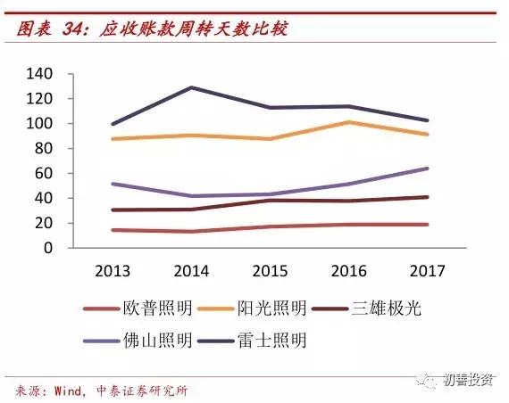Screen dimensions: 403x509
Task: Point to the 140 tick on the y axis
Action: click(42, 73)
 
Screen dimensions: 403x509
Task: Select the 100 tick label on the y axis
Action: click(42, 123)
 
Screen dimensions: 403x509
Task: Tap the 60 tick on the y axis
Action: click(46, 173)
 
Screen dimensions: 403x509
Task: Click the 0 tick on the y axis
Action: click(50, 248)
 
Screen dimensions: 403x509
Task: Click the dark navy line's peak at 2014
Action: click(191, 87)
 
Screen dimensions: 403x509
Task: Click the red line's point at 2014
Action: click(191, 232)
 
